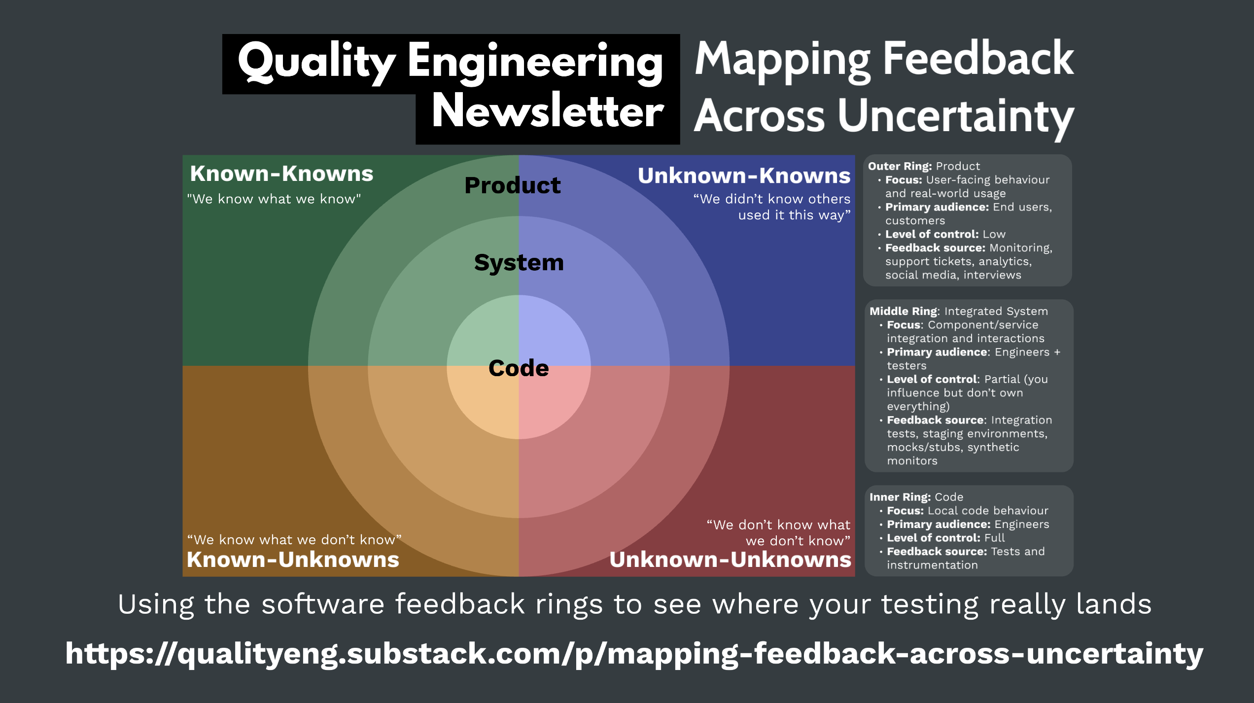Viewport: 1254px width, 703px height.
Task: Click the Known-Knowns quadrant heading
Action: pos(281,174)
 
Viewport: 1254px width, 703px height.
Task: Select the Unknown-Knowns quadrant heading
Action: pos(744,176)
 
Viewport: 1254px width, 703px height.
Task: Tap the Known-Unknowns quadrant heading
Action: pos(293,560)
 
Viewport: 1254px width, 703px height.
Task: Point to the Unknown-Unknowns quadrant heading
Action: pos(730,560)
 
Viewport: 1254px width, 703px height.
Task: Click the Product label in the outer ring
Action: pos(512,185)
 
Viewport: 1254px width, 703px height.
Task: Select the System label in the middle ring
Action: pos(519,262)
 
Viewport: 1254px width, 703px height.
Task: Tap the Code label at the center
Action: pos(519,368)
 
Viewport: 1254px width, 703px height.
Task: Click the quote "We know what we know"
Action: pos(274,199)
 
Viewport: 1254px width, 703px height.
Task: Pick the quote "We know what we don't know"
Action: pos(294,540)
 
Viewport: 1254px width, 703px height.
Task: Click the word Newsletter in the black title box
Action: pos(548,111)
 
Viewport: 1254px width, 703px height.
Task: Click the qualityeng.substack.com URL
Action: pos(634,654)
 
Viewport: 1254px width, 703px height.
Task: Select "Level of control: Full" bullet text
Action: pos(945,538)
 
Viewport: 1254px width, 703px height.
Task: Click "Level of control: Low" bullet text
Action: pos(945,234)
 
